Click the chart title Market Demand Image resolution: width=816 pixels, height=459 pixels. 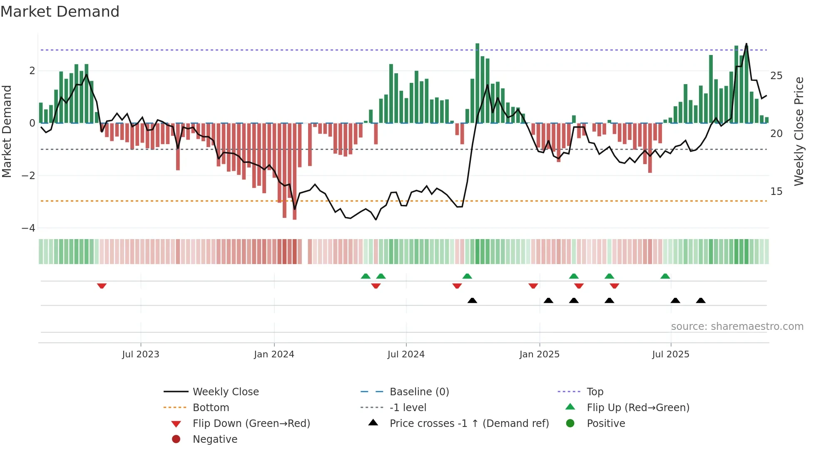coord(60,11)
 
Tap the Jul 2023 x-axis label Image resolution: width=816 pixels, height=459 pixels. coord(140,354)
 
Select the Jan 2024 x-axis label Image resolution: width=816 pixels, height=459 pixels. coord(274,354)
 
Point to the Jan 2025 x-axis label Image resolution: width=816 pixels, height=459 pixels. coord(539,354)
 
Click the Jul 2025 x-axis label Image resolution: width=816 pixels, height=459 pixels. coord(670,354)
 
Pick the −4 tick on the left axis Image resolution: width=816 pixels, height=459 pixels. coord(28,228)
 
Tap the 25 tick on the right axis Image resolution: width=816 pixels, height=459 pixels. coord(776,76)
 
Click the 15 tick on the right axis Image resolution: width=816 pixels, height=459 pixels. coord(776,192)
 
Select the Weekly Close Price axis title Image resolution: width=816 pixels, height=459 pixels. coord(799,131)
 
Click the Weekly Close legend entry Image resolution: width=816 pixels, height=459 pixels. coord(225,392)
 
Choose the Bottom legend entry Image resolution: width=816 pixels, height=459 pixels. coord(211,408)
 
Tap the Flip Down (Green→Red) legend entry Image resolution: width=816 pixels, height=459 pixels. coord(251,424)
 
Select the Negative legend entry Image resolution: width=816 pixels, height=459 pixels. coord(215,439)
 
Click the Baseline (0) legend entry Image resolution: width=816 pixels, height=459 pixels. coord(419,392)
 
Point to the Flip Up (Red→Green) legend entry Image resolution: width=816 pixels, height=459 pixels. coord(638,408)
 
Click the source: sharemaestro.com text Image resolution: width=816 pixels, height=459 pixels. coord(737,327)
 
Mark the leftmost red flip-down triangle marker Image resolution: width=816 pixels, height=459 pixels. coord(102,286)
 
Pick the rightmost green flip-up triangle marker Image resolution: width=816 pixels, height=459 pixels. coord(665,276)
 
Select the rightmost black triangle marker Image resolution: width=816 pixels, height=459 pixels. coord(701,300)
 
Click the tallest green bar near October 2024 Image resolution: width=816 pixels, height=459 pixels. coord(477,83)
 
